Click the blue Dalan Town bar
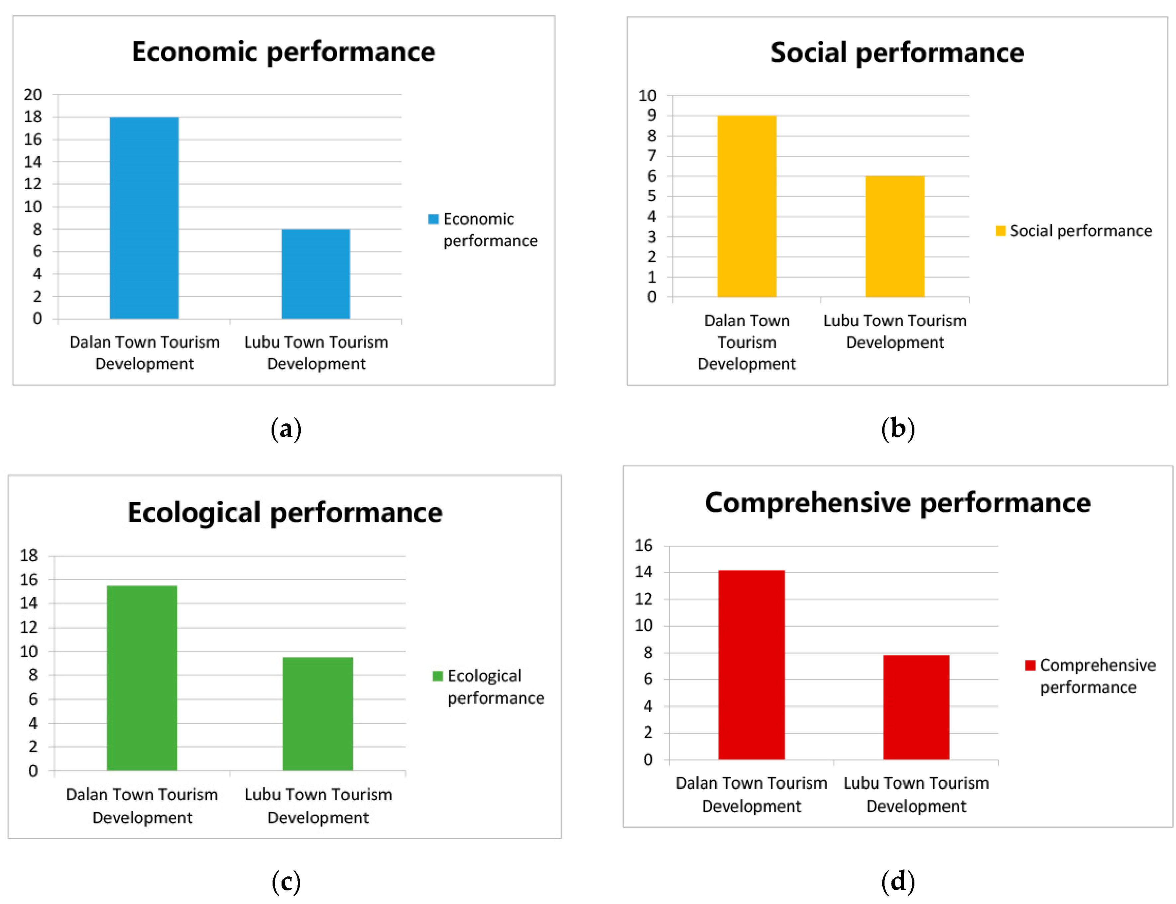pos(144,218)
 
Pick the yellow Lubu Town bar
pos(894,237)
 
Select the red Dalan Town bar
pos(751,665)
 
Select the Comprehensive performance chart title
pos(897,503)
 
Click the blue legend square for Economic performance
pos(433,219)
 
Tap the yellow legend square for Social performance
pos(1000,231)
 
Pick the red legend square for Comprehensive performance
pos(1030,666)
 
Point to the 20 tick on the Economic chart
pos(33,95)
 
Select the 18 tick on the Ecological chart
pos(29,556)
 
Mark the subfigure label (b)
pos(897,429)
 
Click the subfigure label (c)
pos(286,882)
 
